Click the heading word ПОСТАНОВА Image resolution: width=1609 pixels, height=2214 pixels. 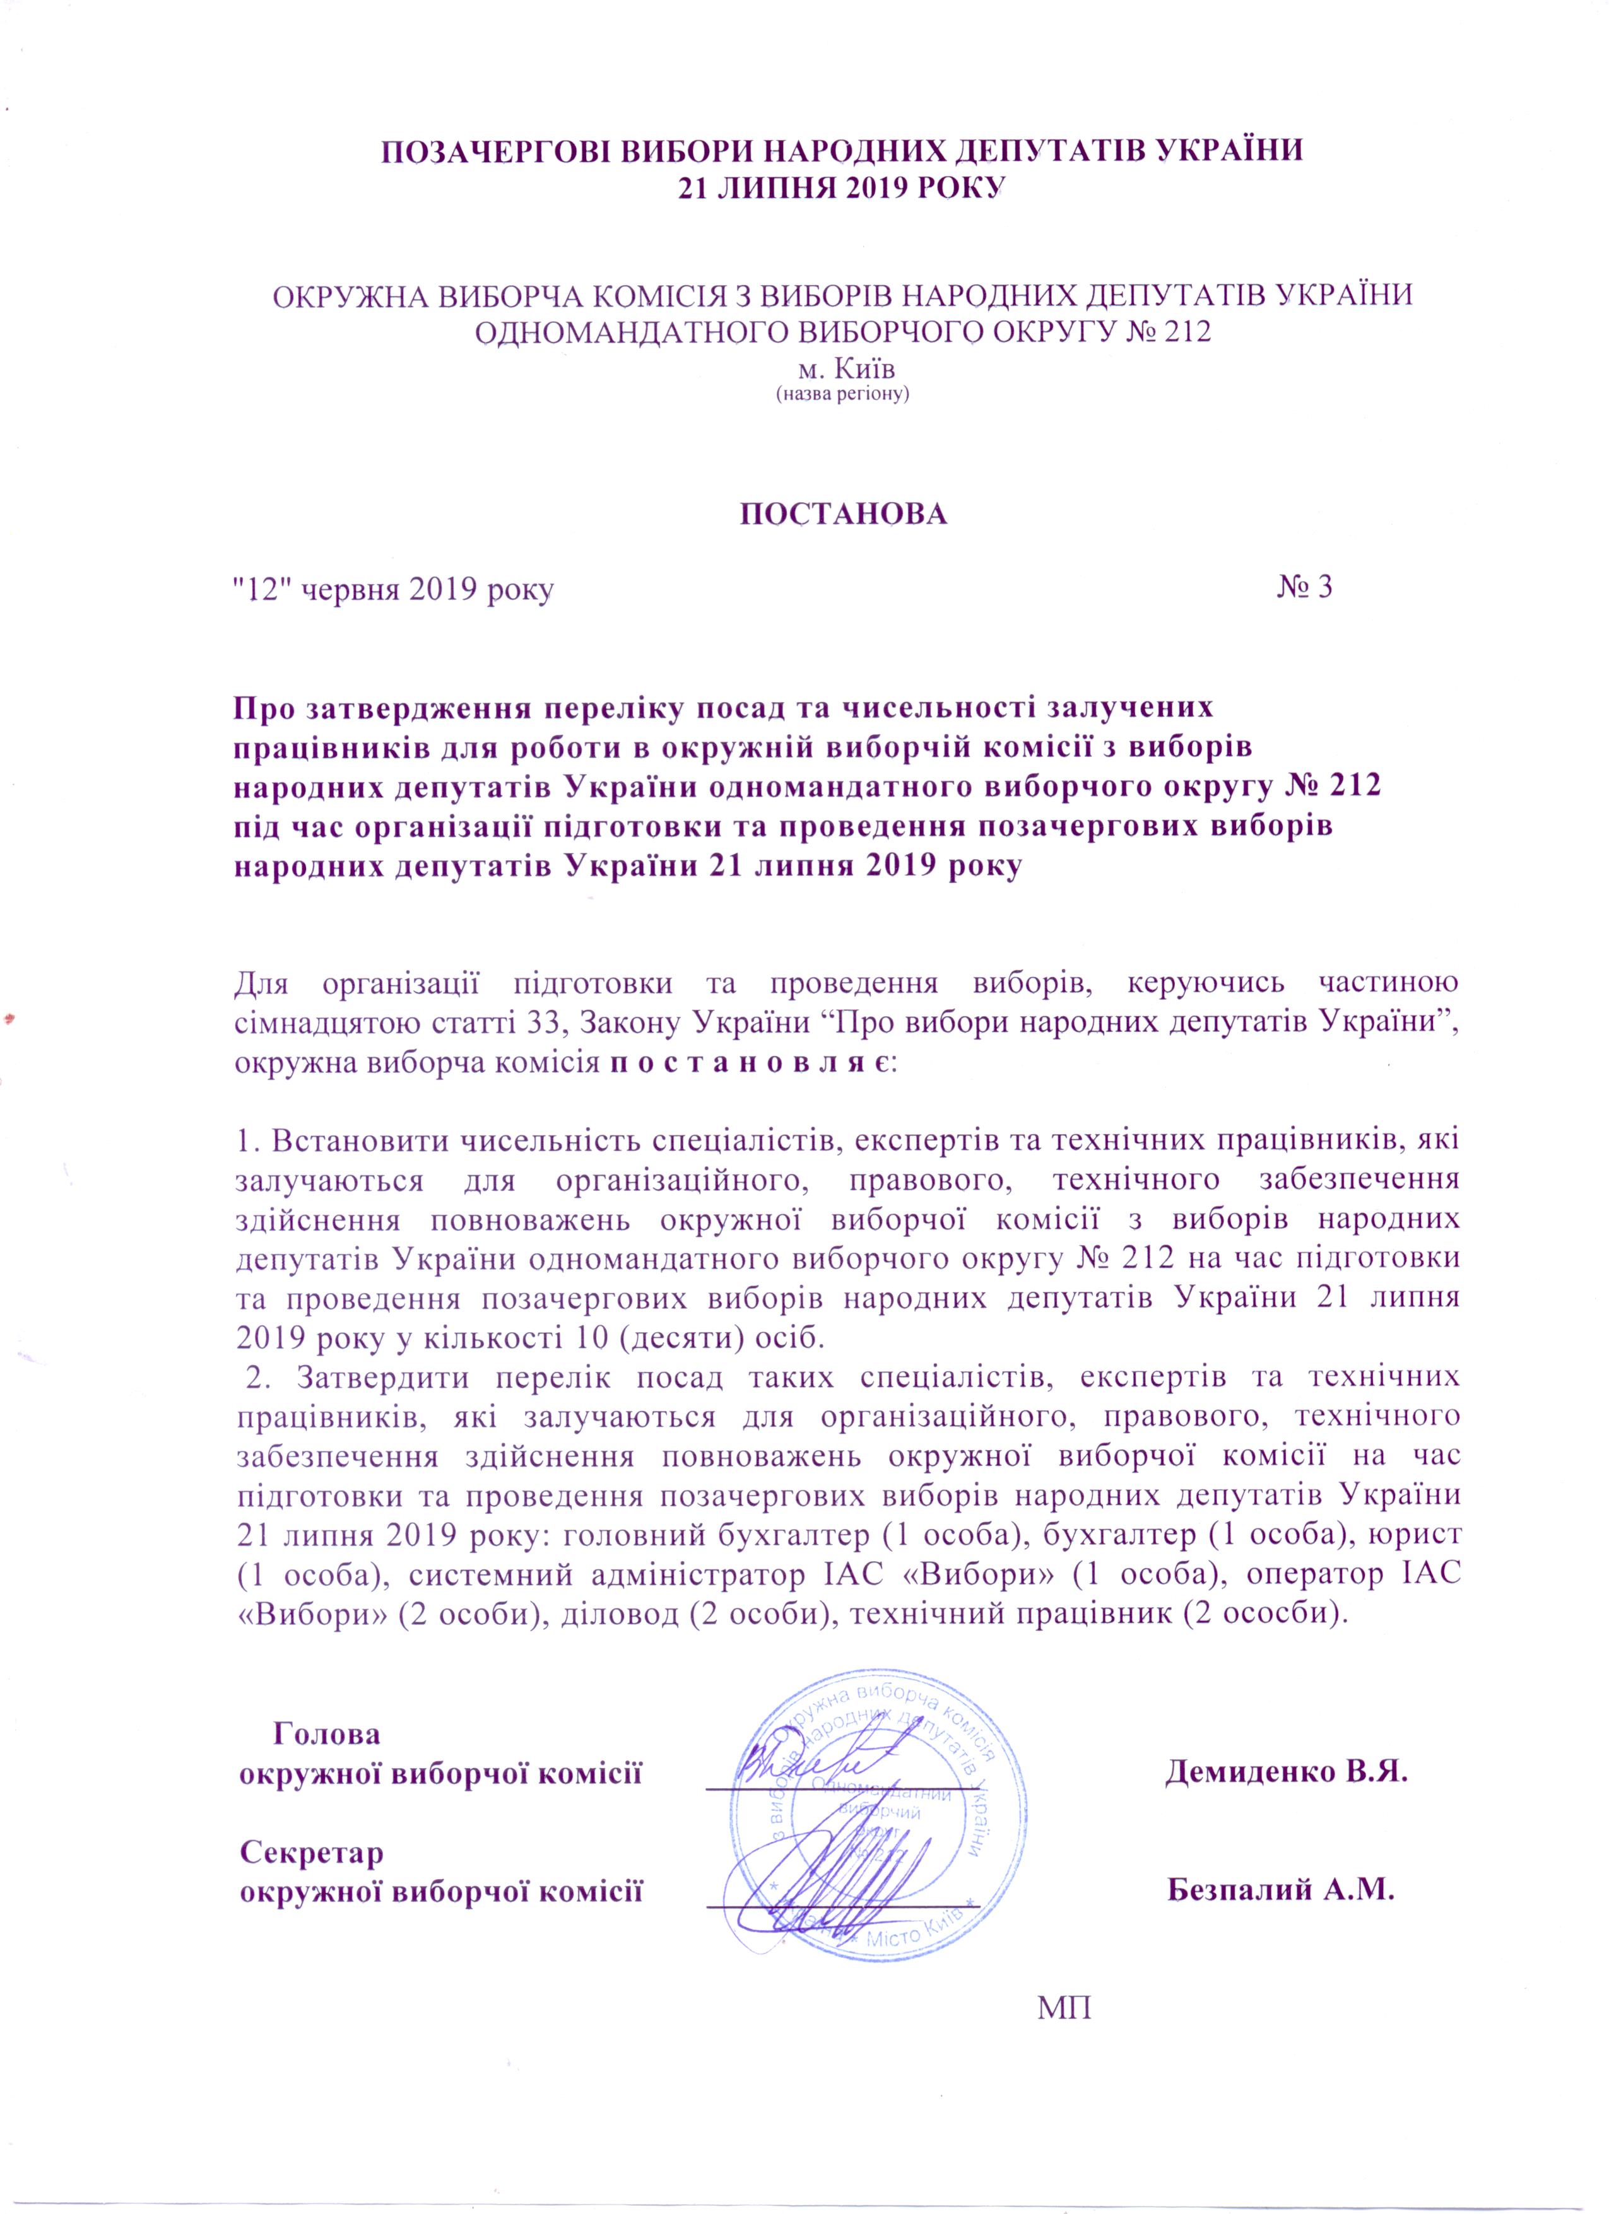842,515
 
